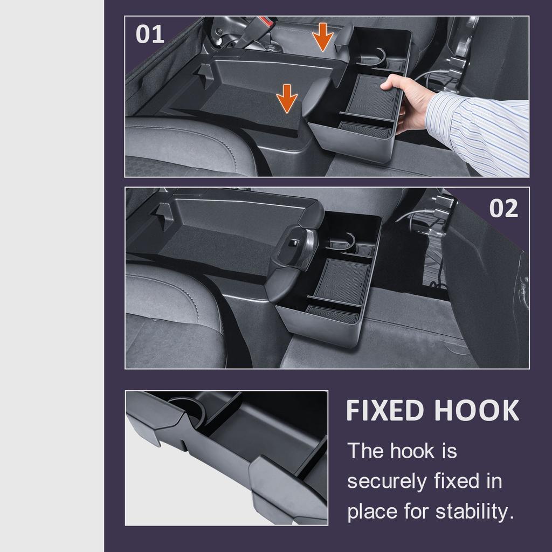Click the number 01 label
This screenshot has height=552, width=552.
coord(149,34)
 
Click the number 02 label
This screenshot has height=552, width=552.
coord(503,209)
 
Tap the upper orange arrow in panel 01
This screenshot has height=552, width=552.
coord(323,37)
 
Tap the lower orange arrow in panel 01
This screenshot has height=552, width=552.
coord(287,98)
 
